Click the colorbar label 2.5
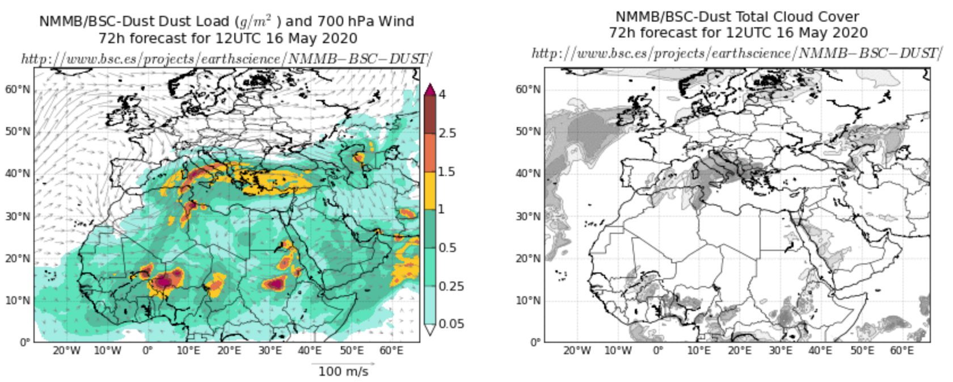(448, 133)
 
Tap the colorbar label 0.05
(452, 324)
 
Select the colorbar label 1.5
(448, 171)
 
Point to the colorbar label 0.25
(452, 286)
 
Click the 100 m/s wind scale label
(343, 371)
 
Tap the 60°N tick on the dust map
(18, 90)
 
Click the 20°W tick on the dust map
(67, 351)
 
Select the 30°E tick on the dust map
(270, 351)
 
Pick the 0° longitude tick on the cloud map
(658, 351)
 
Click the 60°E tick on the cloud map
(902, 351)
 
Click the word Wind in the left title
(397, 22)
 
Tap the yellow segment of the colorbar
(430, 190)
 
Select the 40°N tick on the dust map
(18, 174)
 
